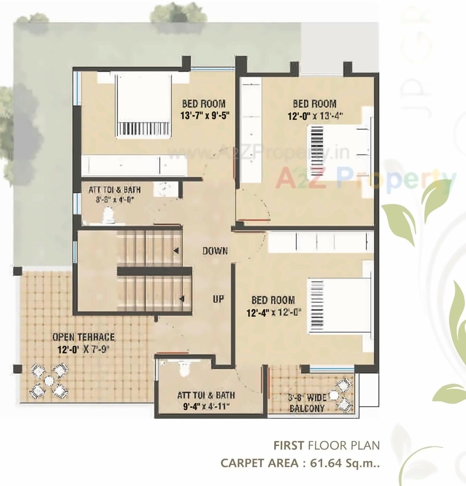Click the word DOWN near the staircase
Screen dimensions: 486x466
pyautogui.click(x=215, y=251)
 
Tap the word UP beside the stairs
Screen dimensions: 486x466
pyautogui.click(x=218, y=299)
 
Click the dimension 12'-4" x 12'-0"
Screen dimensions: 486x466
pyautogui.click(x=273, y=313)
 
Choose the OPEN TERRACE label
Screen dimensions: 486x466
pyautogui.click(x=83, y=337)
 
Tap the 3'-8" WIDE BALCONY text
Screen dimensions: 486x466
pyautogui.click(x=307, y=403)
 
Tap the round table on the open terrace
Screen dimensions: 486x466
pyautogui.click(x=48, y=381)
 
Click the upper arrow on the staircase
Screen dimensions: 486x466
pyautogui.click(x=176, y=250)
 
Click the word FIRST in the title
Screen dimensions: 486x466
pyautogui.click(x=289, y=445)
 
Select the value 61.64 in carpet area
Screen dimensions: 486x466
pyautogui.click(x=325, y=463)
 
